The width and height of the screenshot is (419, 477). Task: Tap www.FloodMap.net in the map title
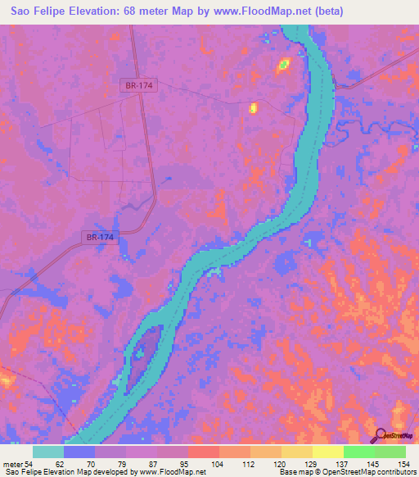[260, 11]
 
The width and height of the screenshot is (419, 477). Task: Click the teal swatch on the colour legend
[48, 452]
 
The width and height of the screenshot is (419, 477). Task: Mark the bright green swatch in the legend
[358, 452]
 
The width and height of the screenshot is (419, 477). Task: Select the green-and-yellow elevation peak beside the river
[283, 63]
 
